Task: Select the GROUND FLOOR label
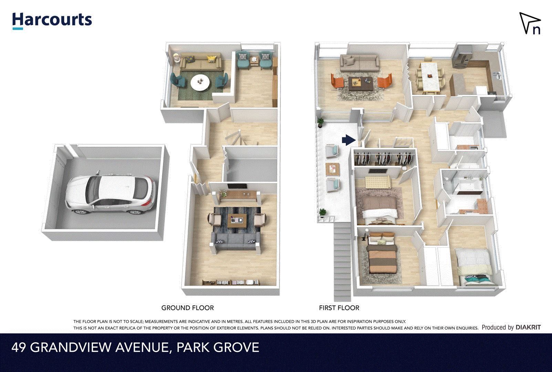point(187,308)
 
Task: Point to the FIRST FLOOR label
point(339,308)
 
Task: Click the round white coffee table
point(200,83)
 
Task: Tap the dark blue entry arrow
point(348,140)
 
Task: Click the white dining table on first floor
point(429,77)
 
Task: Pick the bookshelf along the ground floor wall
point(231,282)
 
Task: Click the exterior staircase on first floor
point(342,262)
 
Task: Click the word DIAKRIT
point(528,327)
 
